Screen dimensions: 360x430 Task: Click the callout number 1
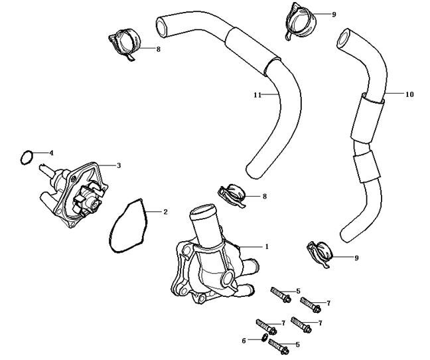click(267, 246)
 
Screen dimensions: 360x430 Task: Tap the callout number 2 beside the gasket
click(165, 212)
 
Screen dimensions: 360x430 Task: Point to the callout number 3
click(118, 165)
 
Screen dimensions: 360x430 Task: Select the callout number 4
click(52, 153)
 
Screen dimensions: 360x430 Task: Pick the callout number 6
click(244, 340)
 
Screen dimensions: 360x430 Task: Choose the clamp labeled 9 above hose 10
click(295, 17)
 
